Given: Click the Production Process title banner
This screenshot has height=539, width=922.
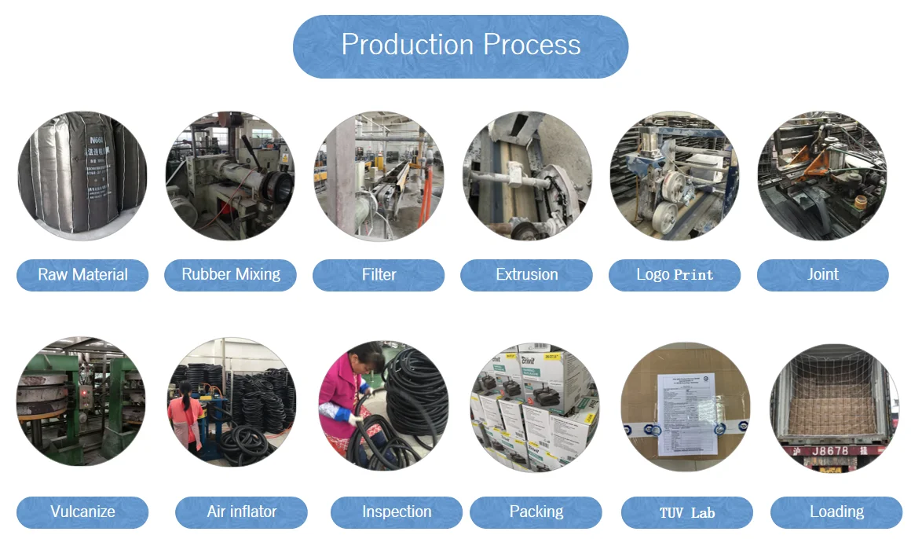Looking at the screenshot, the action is click(460, 46).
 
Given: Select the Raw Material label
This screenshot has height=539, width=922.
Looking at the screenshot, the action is click(82, 275).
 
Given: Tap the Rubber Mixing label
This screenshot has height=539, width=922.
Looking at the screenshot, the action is click(231, 275).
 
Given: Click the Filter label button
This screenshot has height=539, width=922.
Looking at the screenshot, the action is click(379, 275).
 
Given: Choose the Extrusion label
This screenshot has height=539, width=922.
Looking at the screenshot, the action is click(526, 275).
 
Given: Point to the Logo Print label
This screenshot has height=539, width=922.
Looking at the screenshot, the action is click(675, 275).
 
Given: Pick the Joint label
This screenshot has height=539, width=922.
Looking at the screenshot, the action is click(822, 275).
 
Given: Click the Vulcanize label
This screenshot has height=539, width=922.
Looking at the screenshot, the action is click(82, 512).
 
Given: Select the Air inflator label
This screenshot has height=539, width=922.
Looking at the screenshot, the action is click(241, 512).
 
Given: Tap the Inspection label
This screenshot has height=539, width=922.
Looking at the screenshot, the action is click(397, 512).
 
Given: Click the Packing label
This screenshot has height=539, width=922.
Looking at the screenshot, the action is click(536, 512).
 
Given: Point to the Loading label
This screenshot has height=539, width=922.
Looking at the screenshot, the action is click(836, 512).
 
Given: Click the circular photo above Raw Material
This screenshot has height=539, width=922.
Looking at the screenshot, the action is click(82, 175).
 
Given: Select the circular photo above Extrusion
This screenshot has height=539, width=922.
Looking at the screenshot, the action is click(526, 175).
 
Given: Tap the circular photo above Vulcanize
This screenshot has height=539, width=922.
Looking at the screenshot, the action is click(81, 401).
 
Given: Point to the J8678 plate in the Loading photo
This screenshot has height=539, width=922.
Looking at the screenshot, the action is click(832, 452).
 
